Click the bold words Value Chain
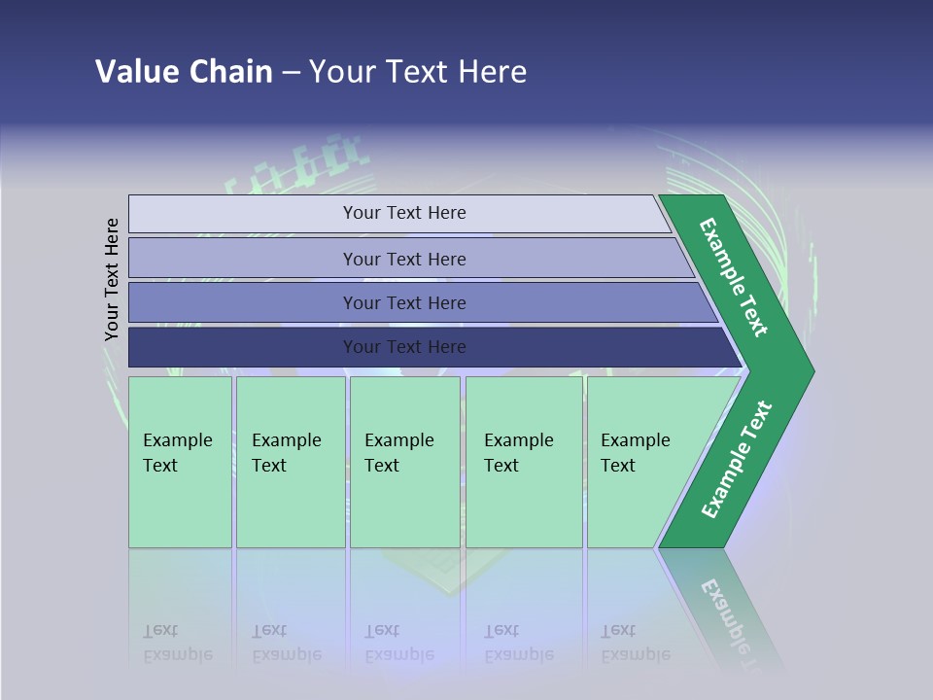tap(184, 72)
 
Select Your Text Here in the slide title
tap(418, 72)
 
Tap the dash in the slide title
tap(291, 73)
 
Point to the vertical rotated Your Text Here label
tap(112, 280)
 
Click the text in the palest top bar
tap(404, 213)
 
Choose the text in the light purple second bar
tap(404, 260)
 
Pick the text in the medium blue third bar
tap(404, 303)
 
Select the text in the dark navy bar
tap(404, 347)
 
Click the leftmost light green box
tap(180, 462)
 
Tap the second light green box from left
tap(291, 462)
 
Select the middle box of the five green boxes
tap(404, 462)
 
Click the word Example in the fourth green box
tap(519, 440)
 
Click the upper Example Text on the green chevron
tap(734, 277)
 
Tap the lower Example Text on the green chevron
tap(737, 460)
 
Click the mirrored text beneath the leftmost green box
tap(177, 643)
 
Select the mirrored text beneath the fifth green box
tap(635, 643)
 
